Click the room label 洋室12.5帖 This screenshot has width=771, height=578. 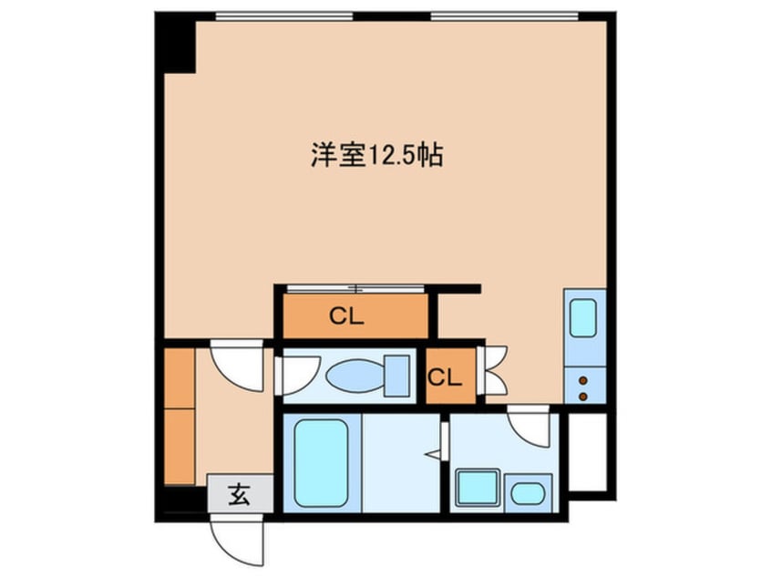pos(376,156)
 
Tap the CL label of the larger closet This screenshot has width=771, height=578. pos(346,316)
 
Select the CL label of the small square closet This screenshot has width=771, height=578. pos(445,377)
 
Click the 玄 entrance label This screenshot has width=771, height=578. pos(240,494)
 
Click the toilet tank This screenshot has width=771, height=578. pos(396,377)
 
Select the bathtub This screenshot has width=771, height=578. pos(321,463)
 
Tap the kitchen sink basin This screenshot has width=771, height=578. pos(583,318)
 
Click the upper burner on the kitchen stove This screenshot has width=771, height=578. pos(583,380)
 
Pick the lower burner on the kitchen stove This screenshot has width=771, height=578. pos(583,397)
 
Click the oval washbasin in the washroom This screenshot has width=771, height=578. pos(528,493)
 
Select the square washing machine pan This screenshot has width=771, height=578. pos(478,488)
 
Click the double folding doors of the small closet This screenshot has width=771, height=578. pos(493,370)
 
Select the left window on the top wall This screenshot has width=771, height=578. pos(284,16)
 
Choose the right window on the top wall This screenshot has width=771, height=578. pos(505,16)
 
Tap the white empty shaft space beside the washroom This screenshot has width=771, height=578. pos(588,451)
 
